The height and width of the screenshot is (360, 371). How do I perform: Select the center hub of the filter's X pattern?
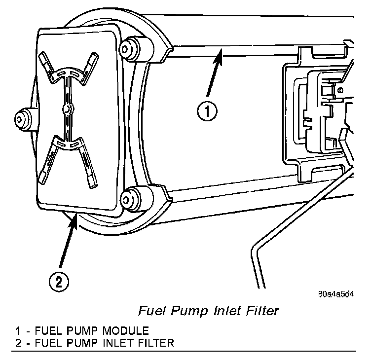pos(66,107)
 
